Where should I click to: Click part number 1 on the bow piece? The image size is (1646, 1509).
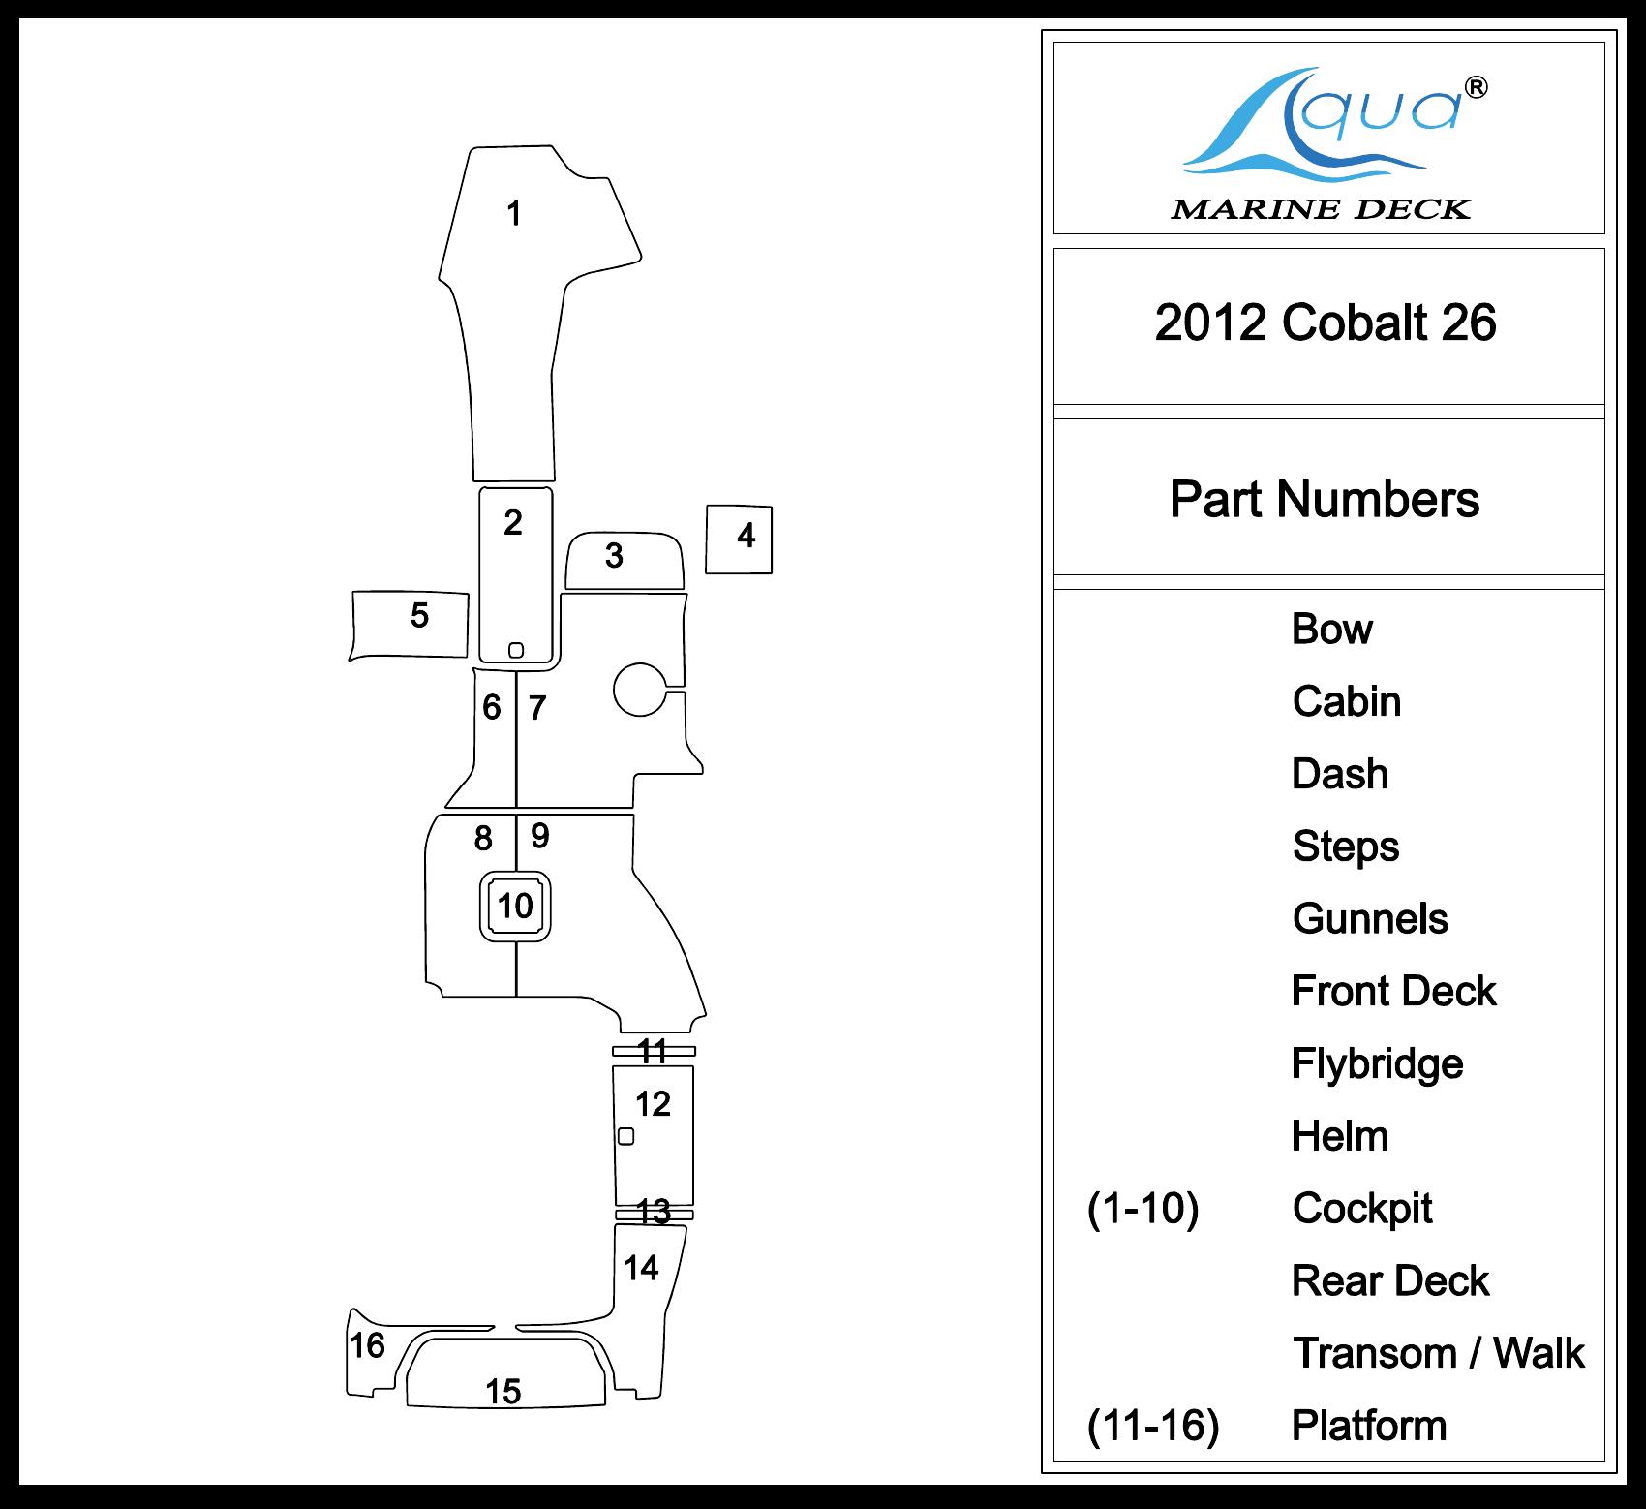(x=514, y=213)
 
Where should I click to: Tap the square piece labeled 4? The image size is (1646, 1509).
(x=739, y=539)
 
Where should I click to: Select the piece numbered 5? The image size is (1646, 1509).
(x=410, y=624)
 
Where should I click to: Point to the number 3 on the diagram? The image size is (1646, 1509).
(x=614, y=556)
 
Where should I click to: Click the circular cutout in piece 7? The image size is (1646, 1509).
(x=640, y=689)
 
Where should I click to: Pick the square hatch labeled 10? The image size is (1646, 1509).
(x=515, y=906)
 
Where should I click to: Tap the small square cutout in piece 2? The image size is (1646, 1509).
(x=516, y=650)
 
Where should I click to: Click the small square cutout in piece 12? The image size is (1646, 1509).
(x=626, y=1136)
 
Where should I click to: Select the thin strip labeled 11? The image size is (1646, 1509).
(x=654, y=1051)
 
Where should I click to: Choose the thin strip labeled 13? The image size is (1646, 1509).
(x=655, y=1214)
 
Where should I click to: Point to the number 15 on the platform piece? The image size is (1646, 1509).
(x=503, y=1392)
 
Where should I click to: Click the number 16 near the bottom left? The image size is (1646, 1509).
(x=367, y=1345)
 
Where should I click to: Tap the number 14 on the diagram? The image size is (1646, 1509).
(x=641, y=1268)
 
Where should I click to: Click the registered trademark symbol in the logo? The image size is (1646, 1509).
(x=1477, y=87)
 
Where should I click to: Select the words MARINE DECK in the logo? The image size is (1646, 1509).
(x=1321, y=209)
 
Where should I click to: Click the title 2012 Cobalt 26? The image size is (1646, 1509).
(x=1326, y=323)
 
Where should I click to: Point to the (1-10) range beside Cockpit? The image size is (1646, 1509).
(x=1143, y=1209)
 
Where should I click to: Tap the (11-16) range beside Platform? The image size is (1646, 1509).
(x=1152, y=1426)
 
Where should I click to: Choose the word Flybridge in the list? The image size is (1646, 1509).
(x=1377, y=1063)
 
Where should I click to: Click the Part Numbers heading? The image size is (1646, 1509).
(x=1325, y=500)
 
